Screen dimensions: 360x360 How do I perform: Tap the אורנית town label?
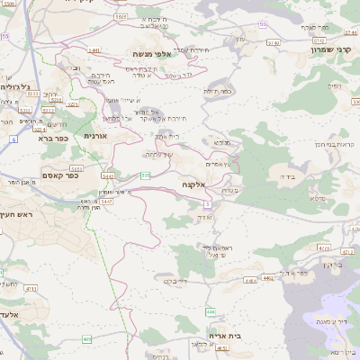(x=95, y=136)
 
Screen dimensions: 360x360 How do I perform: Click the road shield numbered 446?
(x=210, y=311)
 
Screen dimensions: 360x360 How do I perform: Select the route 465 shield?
(x=86, y=339)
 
